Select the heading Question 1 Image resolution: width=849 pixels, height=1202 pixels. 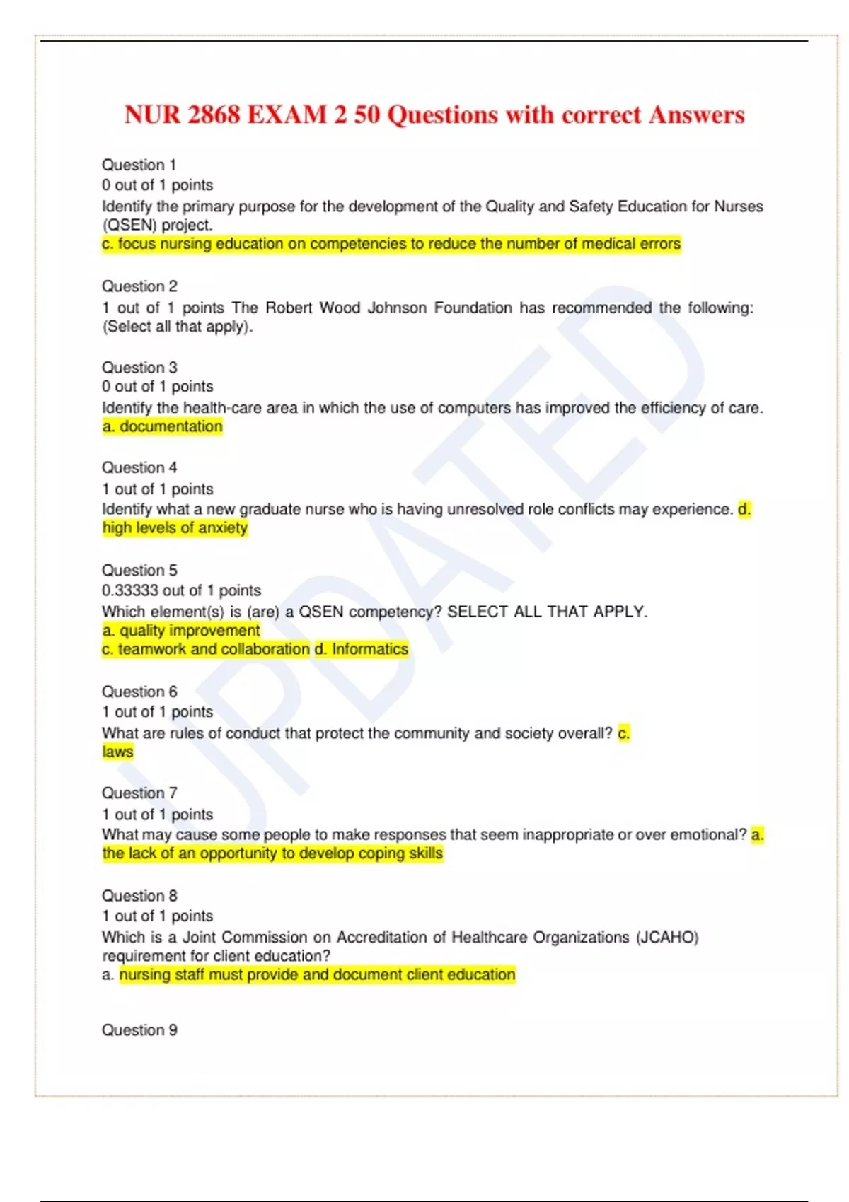point(139,165)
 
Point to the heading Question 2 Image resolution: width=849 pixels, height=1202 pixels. point(139,286)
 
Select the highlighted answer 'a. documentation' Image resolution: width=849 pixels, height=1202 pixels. point(162,426)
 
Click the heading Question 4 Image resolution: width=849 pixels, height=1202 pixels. point(139,467)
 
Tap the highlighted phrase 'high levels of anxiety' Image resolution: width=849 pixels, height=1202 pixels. point(175,528)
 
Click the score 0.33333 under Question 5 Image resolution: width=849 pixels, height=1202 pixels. point(132,590)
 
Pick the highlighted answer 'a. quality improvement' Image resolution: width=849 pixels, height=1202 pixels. point(180,630)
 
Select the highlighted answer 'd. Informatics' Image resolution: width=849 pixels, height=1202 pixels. point(362,649)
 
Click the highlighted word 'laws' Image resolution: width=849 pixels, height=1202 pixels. point(117,752)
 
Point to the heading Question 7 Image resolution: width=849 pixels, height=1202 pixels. point(139,793)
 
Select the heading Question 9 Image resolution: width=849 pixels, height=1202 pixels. point(139,1030)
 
